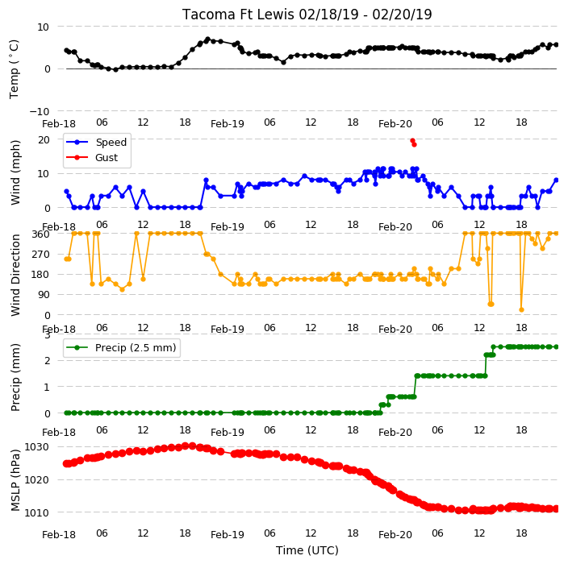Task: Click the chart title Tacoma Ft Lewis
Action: click(238, 15)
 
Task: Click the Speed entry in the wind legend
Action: click(111, 142)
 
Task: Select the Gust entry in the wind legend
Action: click(106, 158)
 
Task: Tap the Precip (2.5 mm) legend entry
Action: click(136, 347)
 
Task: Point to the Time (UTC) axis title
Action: click(307, 550)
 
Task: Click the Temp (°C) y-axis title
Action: click(14, 69)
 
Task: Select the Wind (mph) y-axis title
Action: click(15, 173)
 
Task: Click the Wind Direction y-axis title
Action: click(15, 276)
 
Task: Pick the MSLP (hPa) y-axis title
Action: click(15, 480)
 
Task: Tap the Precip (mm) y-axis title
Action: click(15, 377)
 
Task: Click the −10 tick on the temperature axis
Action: click(39, 111)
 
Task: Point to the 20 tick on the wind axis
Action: click(44, 139)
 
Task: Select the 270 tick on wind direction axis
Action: click(40, 255)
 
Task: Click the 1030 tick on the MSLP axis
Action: click(36, 447)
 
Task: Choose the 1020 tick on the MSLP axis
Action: click(36, 479)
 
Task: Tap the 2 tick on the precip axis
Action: click(47, 361)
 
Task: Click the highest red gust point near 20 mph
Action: click(412, 141)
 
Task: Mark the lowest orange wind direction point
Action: click(522, 309)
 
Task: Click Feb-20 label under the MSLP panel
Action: click(395, 535)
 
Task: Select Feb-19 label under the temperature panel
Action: click(228, 124)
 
